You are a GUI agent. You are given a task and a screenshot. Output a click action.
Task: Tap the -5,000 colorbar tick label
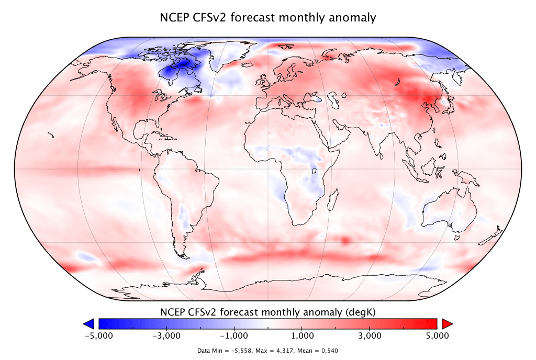(99, 335)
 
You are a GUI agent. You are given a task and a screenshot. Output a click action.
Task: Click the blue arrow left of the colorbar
(89, 323)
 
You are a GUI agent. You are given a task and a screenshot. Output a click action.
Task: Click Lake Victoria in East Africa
(315, 171)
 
